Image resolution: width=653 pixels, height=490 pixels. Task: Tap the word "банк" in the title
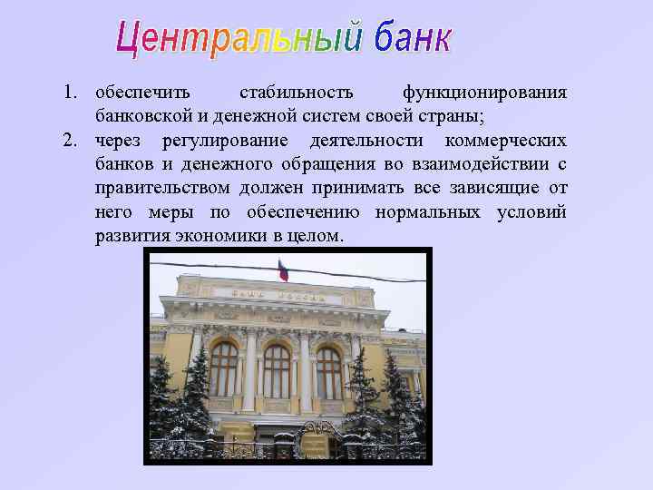[x=405, y=38]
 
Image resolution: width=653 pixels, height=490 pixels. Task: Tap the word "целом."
[x=319, y=236]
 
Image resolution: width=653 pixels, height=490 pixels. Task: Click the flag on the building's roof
[x=283, y=269]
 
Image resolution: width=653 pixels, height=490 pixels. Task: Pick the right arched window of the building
[x=328, y=372]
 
